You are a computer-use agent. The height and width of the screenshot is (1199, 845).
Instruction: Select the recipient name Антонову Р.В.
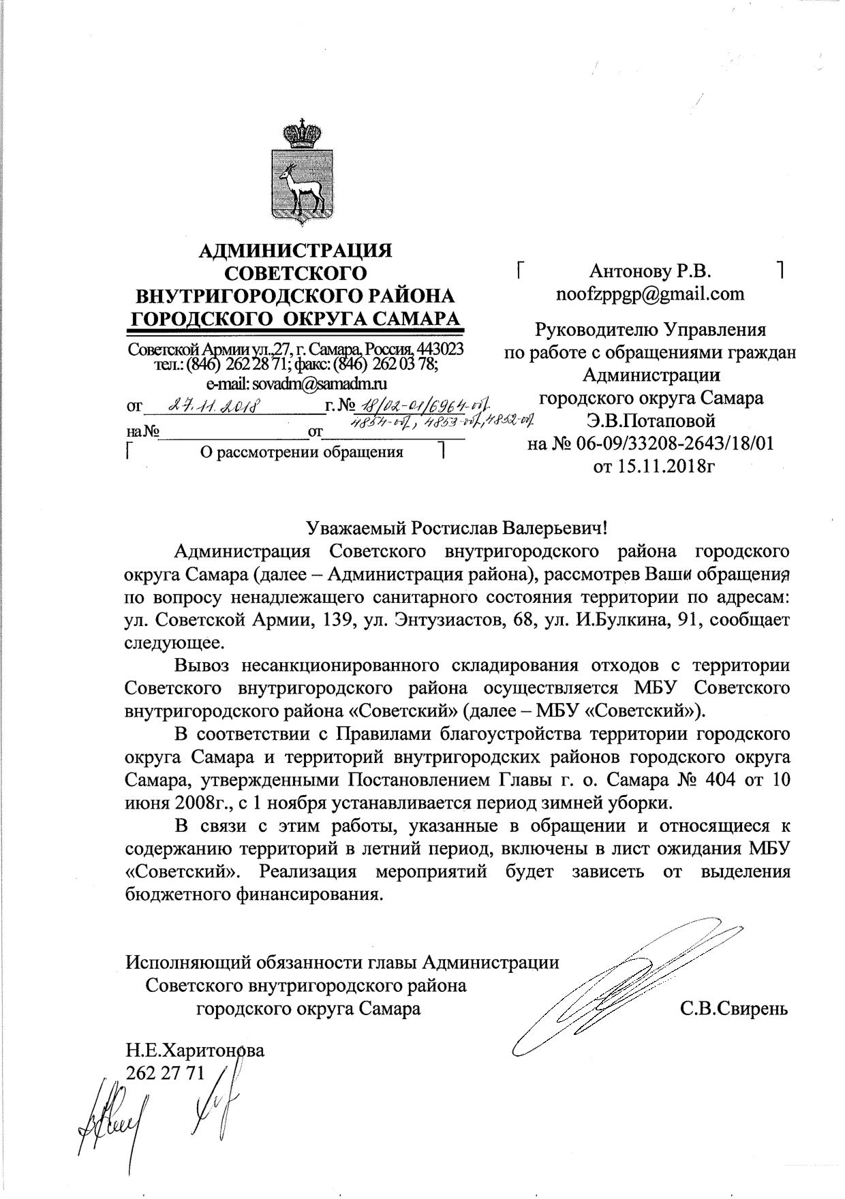click(650, 272)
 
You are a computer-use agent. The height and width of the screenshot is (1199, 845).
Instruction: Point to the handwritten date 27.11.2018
click(212, 407)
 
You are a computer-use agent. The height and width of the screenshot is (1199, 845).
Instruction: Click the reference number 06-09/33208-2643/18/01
click(671, 444)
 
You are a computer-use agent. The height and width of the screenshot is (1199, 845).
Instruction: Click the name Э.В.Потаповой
click(651, 421)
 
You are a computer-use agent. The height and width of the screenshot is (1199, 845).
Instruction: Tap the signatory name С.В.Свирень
click(734, 1009)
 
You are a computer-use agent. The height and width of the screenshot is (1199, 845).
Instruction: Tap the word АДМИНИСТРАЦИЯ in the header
click(295, 251)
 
